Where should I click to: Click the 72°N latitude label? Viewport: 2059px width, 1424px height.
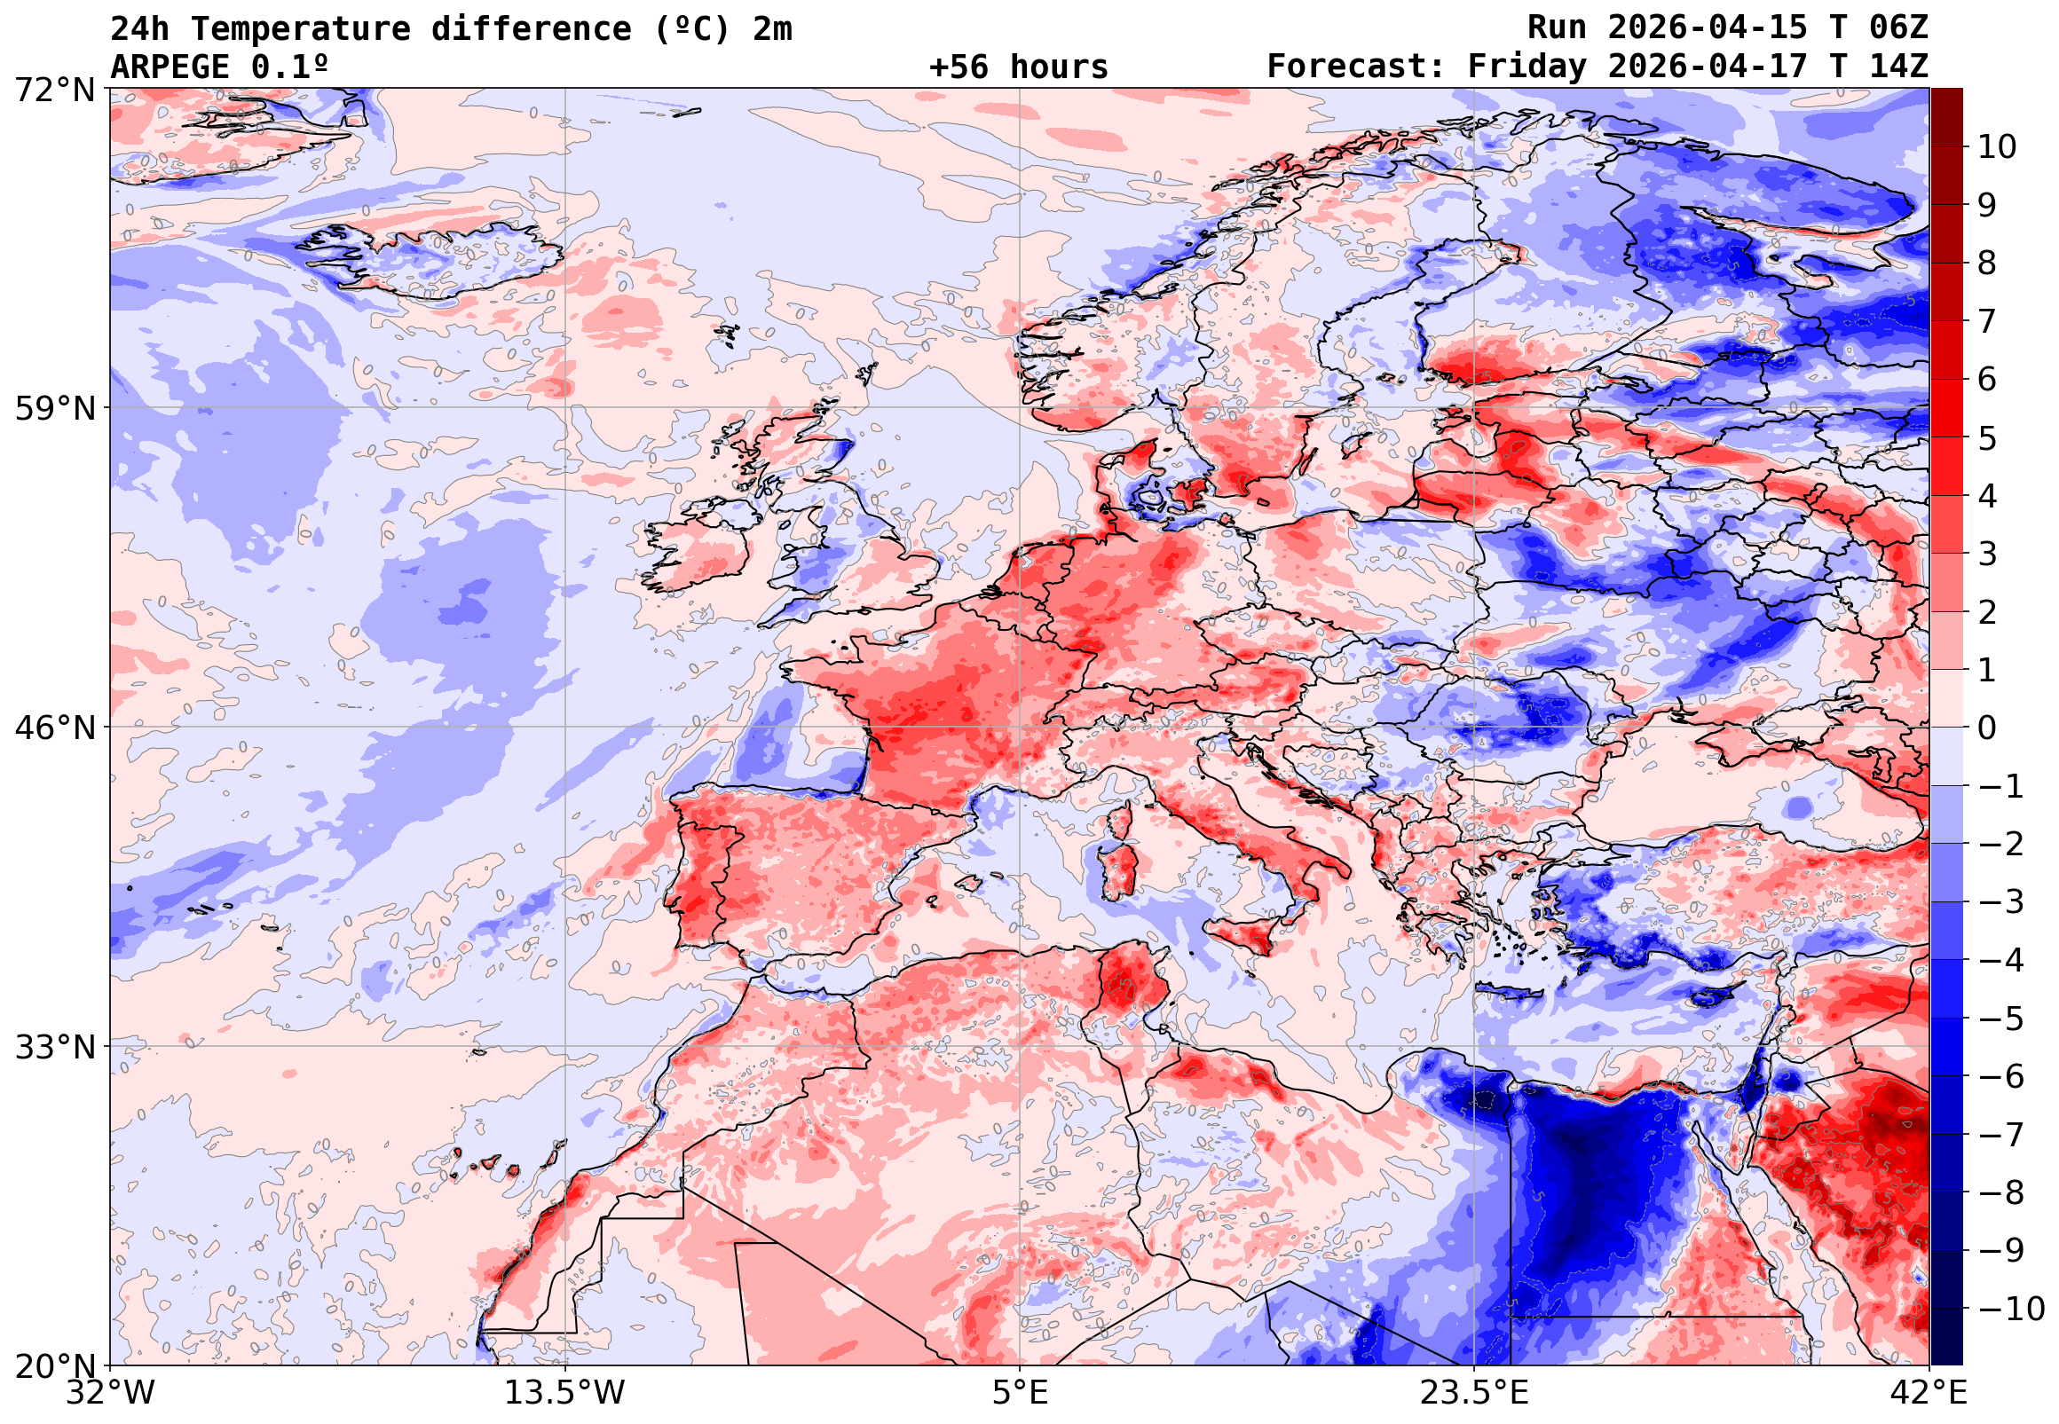point(54,90)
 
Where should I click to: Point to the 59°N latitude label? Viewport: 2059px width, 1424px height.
point(54,409)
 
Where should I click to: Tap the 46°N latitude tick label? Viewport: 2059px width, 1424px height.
point(54,728)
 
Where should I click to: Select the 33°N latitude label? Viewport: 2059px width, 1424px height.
point(54,1047)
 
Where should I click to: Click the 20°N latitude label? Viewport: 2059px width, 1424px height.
point(54,1366)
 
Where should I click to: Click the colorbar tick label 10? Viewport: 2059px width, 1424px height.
point(1998,147)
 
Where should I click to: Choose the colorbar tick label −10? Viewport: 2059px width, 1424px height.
point(2012,1309)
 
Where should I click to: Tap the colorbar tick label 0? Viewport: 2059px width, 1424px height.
point(1988,728)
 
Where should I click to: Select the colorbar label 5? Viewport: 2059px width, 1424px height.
point(1988,438)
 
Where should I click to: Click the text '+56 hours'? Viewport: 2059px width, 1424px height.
point(1018,67)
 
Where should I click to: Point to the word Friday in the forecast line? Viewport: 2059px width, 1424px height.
point(1527,67)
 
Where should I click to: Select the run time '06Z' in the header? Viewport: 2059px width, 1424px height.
point(1898,28)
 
